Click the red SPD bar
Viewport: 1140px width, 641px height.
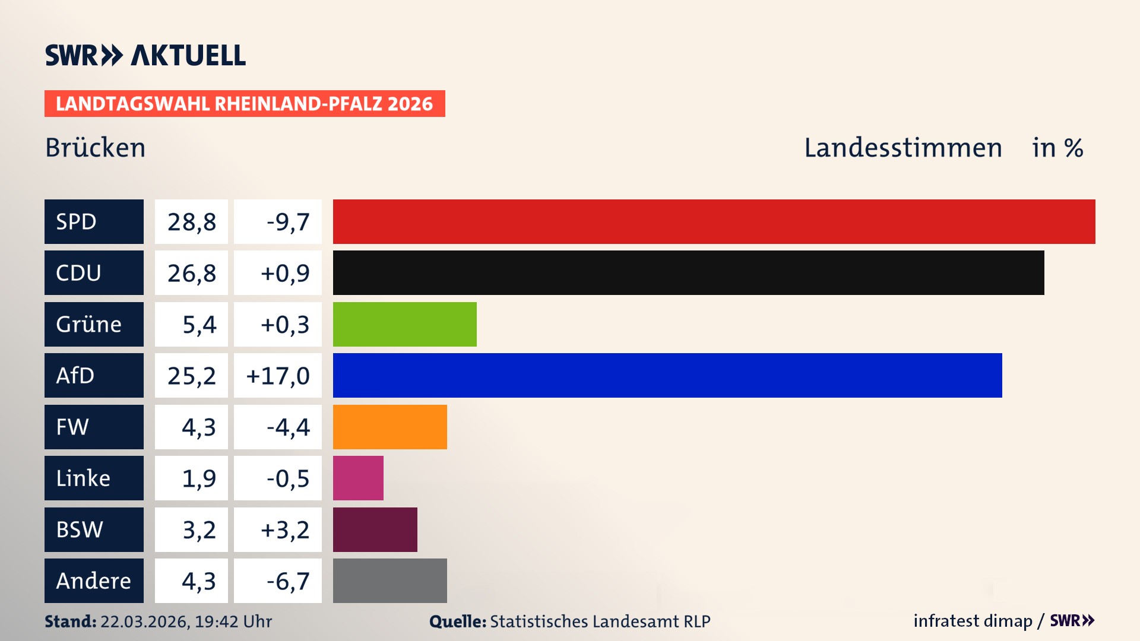click(714, 221)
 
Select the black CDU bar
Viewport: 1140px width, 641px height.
click(688, 272)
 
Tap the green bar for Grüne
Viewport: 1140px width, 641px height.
click(404, 324)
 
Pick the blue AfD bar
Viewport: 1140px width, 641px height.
click(667, 375)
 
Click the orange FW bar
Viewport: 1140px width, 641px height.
click(389, 427)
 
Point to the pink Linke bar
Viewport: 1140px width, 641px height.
click(358, 478)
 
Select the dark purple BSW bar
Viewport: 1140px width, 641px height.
click(375, 529)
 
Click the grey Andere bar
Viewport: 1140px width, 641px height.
click(389, 580)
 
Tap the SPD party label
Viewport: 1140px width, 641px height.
click(94, 221)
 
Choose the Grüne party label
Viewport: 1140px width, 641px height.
click(94, 324)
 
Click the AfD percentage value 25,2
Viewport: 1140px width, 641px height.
click(191, 375)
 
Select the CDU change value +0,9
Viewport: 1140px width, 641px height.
click(278, 272)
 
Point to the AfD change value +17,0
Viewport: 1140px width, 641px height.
click(278, 375)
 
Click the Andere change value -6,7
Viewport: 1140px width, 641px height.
click(278, 580)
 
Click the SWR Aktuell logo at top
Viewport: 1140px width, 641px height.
click(145, 55)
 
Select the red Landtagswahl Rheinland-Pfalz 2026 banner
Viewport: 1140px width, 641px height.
click(245, 103)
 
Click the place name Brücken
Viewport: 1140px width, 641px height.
click(95, 148)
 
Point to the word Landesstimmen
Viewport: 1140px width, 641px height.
click(902, 148)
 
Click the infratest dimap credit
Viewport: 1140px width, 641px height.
click(973, 621)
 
